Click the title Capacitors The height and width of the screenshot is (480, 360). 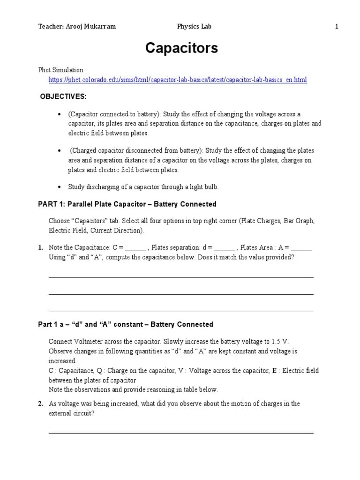coord(181,48)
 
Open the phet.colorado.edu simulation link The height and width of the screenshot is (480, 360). coord(178,80)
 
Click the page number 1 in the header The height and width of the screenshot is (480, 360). coord(337,27)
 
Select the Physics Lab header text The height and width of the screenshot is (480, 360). coord(194,27)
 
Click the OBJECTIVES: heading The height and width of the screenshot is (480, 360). coord(63,97)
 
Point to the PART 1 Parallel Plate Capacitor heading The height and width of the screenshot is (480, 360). coord(127,204)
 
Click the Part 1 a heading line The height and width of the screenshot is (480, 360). coord(125,324)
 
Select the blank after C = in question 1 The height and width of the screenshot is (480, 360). coord(136,248)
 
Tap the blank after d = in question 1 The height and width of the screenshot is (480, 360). coord(224,248)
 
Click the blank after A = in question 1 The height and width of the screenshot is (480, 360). coord(301,248)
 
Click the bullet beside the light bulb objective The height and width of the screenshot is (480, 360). coord(60,187)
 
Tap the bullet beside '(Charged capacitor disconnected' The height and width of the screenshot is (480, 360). coord(60,151)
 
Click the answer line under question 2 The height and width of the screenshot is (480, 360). coord(181,432)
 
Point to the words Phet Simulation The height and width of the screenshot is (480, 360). coord(61,70)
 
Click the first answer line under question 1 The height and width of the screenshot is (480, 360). coord(181,277)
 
